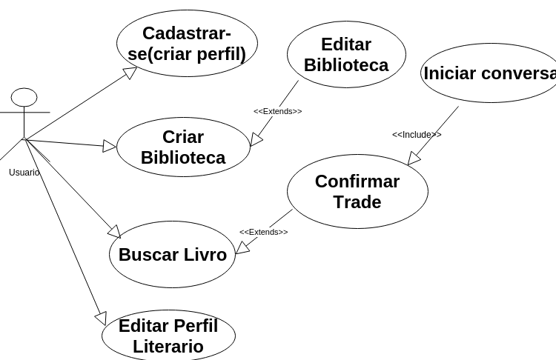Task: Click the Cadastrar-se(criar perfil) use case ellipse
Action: pos(187,44)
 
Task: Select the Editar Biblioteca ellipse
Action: pos(346,55)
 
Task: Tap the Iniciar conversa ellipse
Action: pos(489,73)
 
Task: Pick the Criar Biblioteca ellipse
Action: pos(183,147)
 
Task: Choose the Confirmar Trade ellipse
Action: pos(357,192)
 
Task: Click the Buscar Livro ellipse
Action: pos(172,255)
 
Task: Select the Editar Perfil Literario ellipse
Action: pos(168,336)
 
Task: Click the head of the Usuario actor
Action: pos(24,97)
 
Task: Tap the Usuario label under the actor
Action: pos(24,173)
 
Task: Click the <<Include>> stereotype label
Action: pos(417,135)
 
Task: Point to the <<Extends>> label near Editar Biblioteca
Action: pos(278,112)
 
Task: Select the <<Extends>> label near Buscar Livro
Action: pos(263,233)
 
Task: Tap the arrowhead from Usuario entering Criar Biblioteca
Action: pos(110,146)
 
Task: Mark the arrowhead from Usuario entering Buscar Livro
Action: pos(114,232)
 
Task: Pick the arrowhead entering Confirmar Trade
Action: pos(413,159)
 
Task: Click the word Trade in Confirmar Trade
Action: pos(357,202)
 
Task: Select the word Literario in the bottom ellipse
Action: pos(168,347)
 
